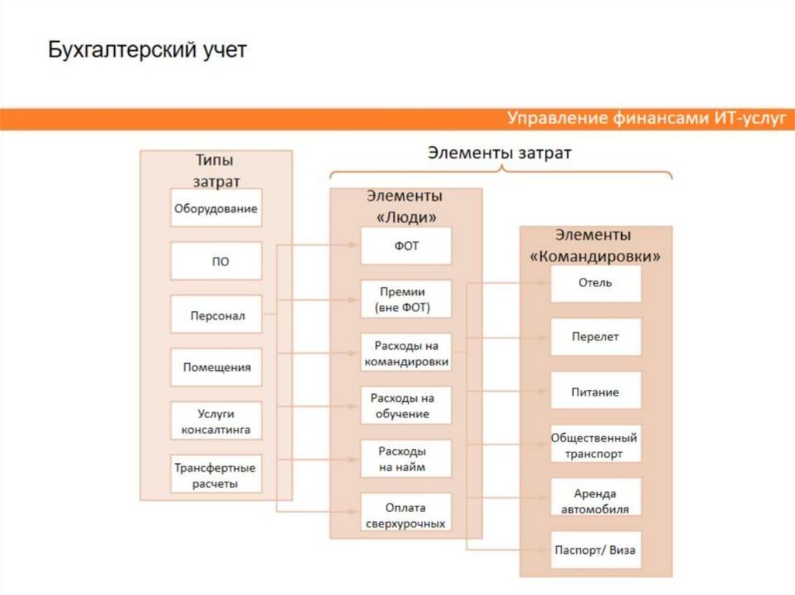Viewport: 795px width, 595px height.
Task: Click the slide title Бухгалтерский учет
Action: tap(148, 51)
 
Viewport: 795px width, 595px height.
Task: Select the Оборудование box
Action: tap(216, 208)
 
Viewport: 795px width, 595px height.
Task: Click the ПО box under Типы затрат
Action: tap(216, 261)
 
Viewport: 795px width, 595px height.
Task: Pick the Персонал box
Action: tap(216, 315)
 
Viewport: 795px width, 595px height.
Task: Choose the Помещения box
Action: tap(216, 367)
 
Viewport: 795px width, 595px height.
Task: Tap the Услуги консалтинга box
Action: tap(216, 420)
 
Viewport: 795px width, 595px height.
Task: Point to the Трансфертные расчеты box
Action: tap(216, 475)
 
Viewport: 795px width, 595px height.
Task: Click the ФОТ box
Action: tap(405, 246)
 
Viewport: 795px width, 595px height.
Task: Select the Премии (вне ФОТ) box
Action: tap(405, 299)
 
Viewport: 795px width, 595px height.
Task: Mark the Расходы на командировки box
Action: tap(405, 353)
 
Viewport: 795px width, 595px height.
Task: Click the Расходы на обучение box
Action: tap(405, 406)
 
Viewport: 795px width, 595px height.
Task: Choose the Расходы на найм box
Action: tap(405, 459)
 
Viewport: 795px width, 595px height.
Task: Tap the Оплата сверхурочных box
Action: tap(405, 514)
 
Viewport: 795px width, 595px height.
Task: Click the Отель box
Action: tap(595, 283)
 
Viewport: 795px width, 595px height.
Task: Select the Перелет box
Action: tap(595, 337)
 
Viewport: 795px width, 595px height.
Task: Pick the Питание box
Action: tap(595, 391)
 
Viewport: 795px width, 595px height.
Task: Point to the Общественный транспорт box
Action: tap(595, 445)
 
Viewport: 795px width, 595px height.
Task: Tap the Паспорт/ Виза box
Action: tap(595, 551)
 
